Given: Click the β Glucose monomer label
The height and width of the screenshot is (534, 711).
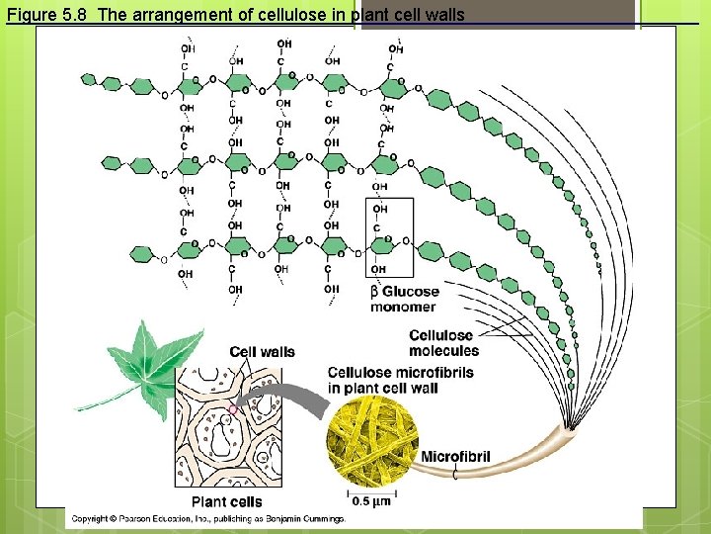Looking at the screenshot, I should pyautogui.click(x=403, y=299).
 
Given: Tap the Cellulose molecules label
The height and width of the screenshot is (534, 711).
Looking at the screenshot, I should pyautogui.click(x=443, y=343).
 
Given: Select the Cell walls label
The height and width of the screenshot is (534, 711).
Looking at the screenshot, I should pyautogui.click(x=262, y=352).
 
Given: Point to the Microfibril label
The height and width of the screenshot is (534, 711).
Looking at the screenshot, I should pyautogui.click(x=455, y=456).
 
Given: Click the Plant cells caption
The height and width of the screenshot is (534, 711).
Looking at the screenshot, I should pyautogui.click(x=227, y=501).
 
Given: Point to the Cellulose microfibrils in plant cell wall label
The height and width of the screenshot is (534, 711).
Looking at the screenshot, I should pyautogui.click(x=400, y=380).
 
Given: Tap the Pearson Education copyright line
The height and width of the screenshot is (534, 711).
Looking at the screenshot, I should pyautogui.click(x=207, y=518).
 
